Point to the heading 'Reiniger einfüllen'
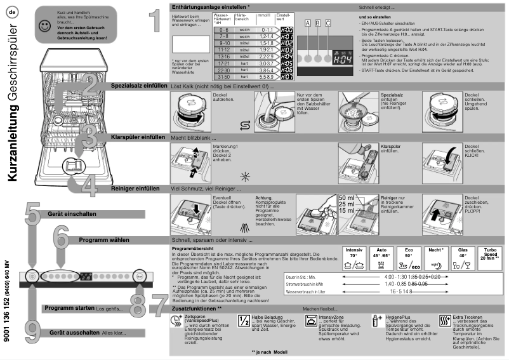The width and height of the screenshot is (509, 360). (135, 188)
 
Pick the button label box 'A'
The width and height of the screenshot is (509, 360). (308, 23)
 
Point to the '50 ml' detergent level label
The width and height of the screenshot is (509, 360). (346, 197)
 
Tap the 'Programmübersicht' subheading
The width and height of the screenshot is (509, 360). (194, 249)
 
